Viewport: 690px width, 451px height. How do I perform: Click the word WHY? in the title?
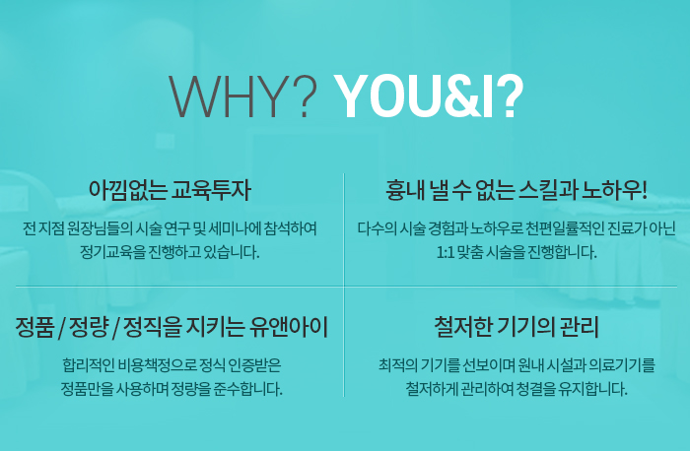pyautogui.click(x=243, y=97)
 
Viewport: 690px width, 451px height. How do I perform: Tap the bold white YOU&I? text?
pyautogui.click(x=429, y=97)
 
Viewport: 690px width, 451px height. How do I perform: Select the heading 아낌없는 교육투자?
pyautogui.click(x=170, y=190)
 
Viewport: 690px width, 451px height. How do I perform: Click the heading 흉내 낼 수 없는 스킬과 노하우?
pyautogui.click(x=517, y=190)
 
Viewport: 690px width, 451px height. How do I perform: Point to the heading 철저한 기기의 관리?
pyautogui.click(x=517, y=327)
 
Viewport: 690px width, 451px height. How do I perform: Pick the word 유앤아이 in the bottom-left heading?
pyautogui.click(x=289, y=327)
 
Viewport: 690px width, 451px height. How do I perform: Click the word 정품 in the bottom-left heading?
pyautogui.click(x=34, y=327)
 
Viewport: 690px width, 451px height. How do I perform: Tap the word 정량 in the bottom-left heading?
pyautogui.click(x=89, y=327)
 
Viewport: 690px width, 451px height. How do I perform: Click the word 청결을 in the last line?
pyautogui.click(x=534, y=389)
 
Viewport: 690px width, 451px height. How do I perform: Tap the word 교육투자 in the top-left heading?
pyautogui.click(x=211, y=190)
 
